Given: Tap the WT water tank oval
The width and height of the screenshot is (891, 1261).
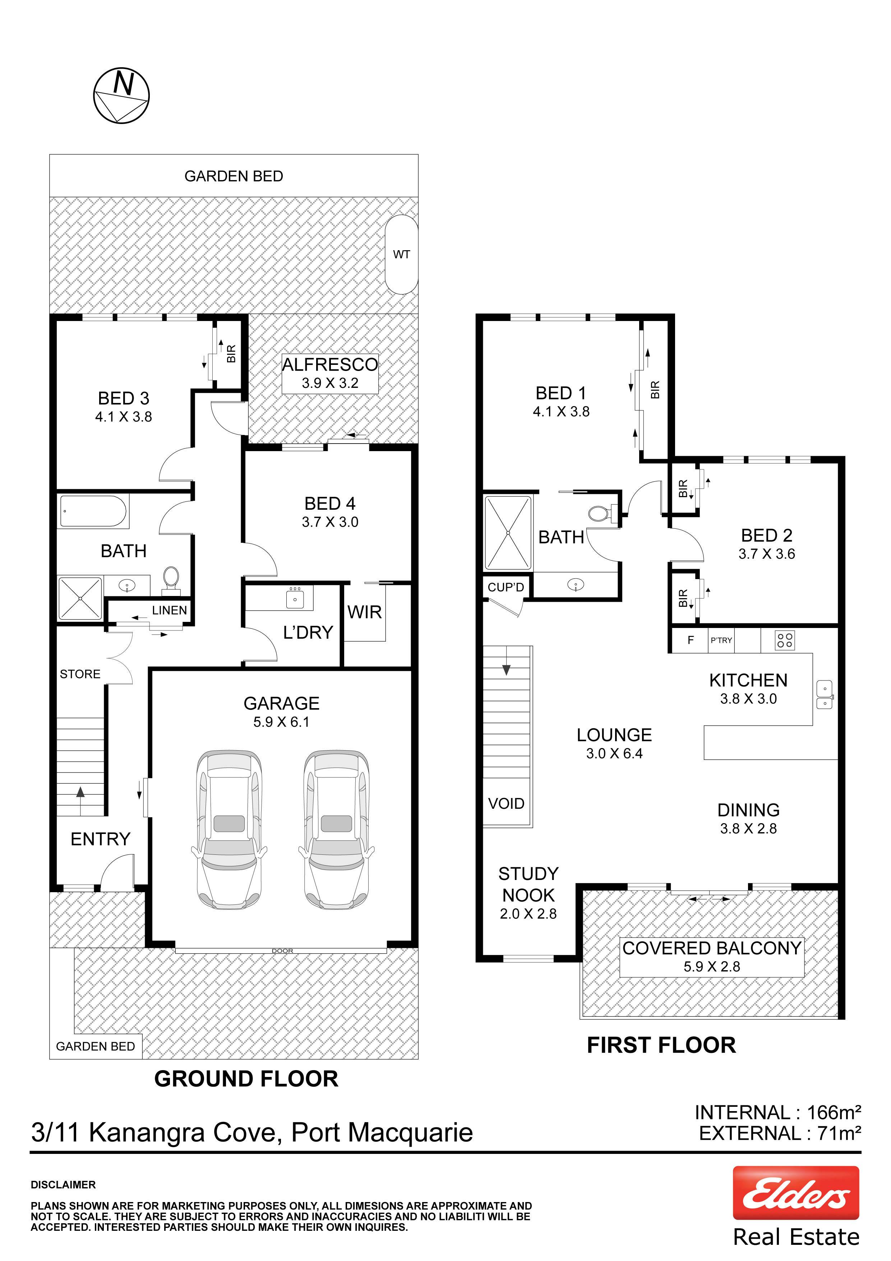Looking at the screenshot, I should [401, 254].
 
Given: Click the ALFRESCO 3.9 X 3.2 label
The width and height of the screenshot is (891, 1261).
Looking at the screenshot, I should [330, 373].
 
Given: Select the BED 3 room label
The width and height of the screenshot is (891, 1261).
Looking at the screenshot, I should [124, 398].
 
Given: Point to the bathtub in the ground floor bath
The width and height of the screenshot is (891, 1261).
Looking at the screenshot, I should [93, 511].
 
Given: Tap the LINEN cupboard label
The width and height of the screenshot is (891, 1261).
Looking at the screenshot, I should [169, 610].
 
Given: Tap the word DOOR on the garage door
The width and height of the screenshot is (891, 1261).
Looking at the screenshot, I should [282, 951].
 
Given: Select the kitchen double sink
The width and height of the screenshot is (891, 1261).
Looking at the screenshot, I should [824, 695].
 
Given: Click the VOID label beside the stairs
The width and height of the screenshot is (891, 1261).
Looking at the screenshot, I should [506, 803].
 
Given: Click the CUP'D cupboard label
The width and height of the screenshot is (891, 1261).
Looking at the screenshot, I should [505, 587].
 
